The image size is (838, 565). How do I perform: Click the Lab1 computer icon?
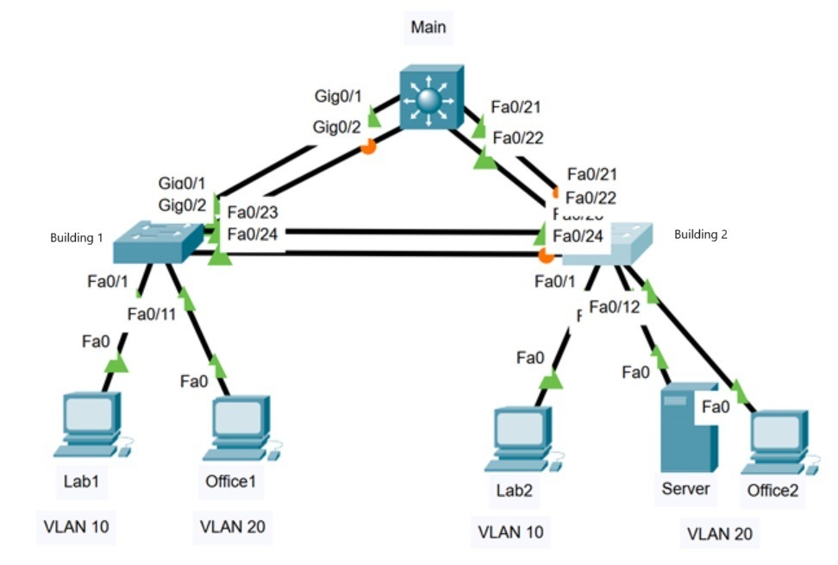(x=88, y=424)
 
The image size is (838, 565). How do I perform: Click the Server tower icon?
(x=687, y=428)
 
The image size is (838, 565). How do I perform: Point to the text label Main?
(x=428, y=27)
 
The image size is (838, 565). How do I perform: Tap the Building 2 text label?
(x=701, y=234)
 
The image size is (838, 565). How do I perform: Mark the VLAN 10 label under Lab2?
(x=511, y=532)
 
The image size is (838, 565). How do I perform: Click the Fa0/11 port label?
(x=152, y=314)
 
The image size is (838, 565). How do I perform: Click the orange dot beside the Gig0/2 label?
(x=367, y=147)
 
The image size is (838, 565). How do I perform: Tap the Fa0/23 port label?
(x=252, y=212)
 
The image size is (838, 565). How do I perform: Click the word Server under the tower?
(x=685, y=489)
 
